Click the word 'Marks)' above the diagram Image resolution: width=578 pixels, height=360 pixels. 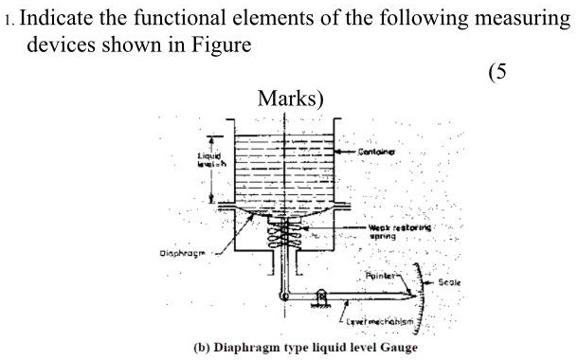(289, 99)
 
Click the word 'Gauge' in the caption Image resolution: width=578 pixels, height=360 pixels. (397, 347)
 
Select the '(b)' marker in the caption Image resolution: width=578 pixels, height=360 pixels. (202, 347)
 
